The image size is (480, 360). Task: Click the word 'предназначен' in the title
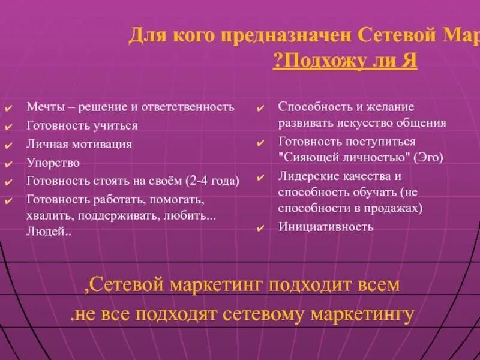tap(289, 35)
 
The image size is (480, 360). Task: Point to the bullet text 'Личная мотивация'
tap(79, 145)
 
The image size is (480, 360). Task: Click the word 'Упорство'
tap(53, 163)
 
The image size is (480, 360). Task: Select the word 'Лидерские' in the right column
tap(305, 176)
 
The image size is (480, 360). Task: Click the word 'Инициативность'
tap(326, 227)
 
